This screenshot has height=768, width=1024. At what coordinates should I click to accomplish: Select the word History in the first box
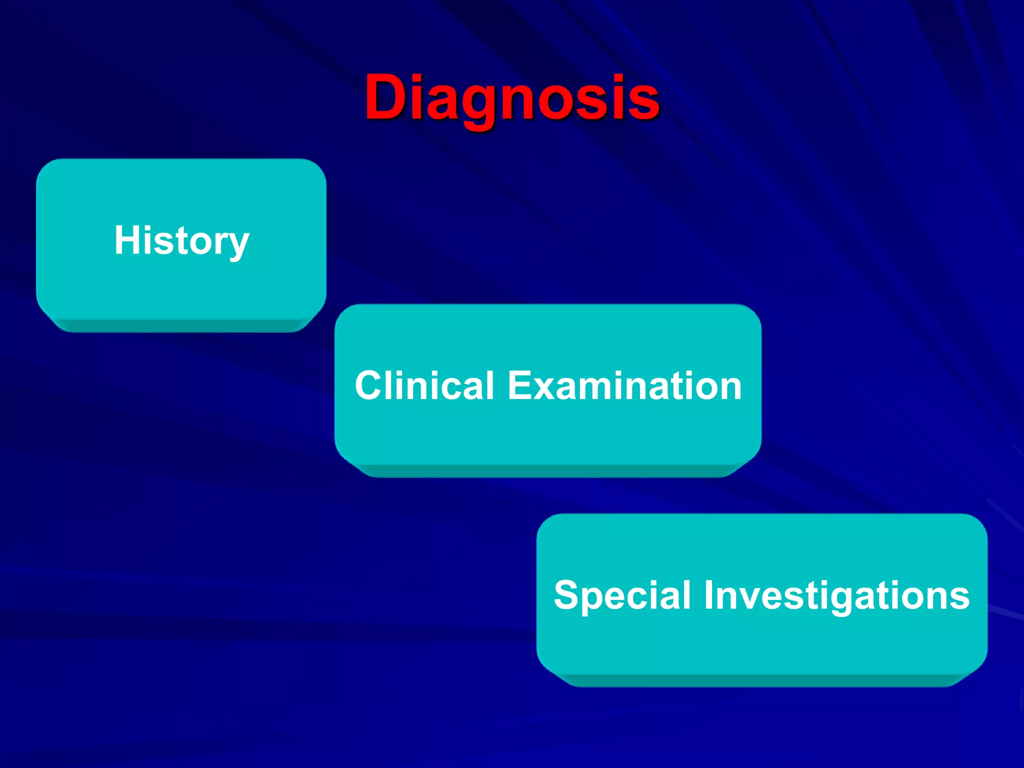click(x=181, y=240)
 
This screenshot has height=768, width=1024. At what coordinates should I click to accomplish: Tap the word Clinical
click(x=424, y=385)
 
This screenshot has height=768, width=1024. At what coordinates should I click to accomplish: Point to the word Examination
click(x=624, y=385)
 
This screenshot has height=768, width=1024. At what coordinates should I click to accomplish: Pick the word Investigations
click(x=836, y=596)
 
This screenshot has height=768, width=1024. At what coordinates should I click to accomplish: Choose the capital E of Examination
click(x=521, y=385)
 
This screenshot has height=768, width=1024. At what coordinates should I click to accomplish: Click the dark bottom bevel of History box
click(x=181, y=325)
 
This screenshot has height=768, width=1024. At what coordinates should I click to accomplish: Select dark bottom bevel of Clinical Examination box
click(x=548, y=471)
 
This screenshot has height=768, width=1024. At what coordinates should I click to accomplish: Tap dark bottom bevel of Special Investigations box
click(x=761, y=680)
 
